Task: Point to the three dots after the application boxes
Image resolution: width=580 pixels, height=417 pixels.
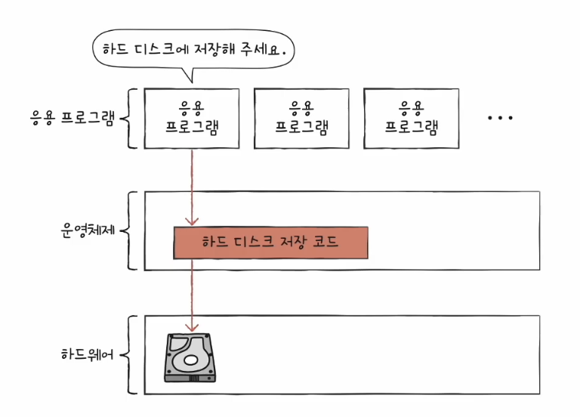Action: coord(500,118)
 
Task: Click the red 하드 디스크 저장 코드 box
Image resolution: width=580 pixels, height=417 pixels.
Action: coord(271,242)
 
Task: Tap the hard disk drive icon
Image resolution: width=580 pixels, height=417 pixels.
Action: coord(190,358)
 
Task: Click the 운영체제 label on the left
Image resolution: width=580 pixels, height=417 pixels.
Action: coord(88,230)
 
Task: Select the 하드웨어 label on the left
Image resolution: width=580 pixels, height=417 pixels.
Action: coord(88,354)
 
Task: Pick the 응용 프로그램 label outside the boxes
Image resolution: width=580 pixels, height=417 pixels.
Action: coord(72,118)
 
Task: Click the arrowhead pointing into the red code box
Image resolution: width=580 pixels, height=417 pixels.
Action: coord(192,221)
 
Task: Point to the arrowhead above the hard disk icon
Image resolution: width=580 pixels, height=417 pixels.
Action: coord(192,327)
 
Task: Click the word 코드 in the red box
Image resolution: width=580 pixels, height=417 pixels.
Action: coord(325,242)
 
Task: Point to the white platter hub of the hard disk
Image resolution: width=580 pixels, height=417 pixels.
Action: coord(190,360)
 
